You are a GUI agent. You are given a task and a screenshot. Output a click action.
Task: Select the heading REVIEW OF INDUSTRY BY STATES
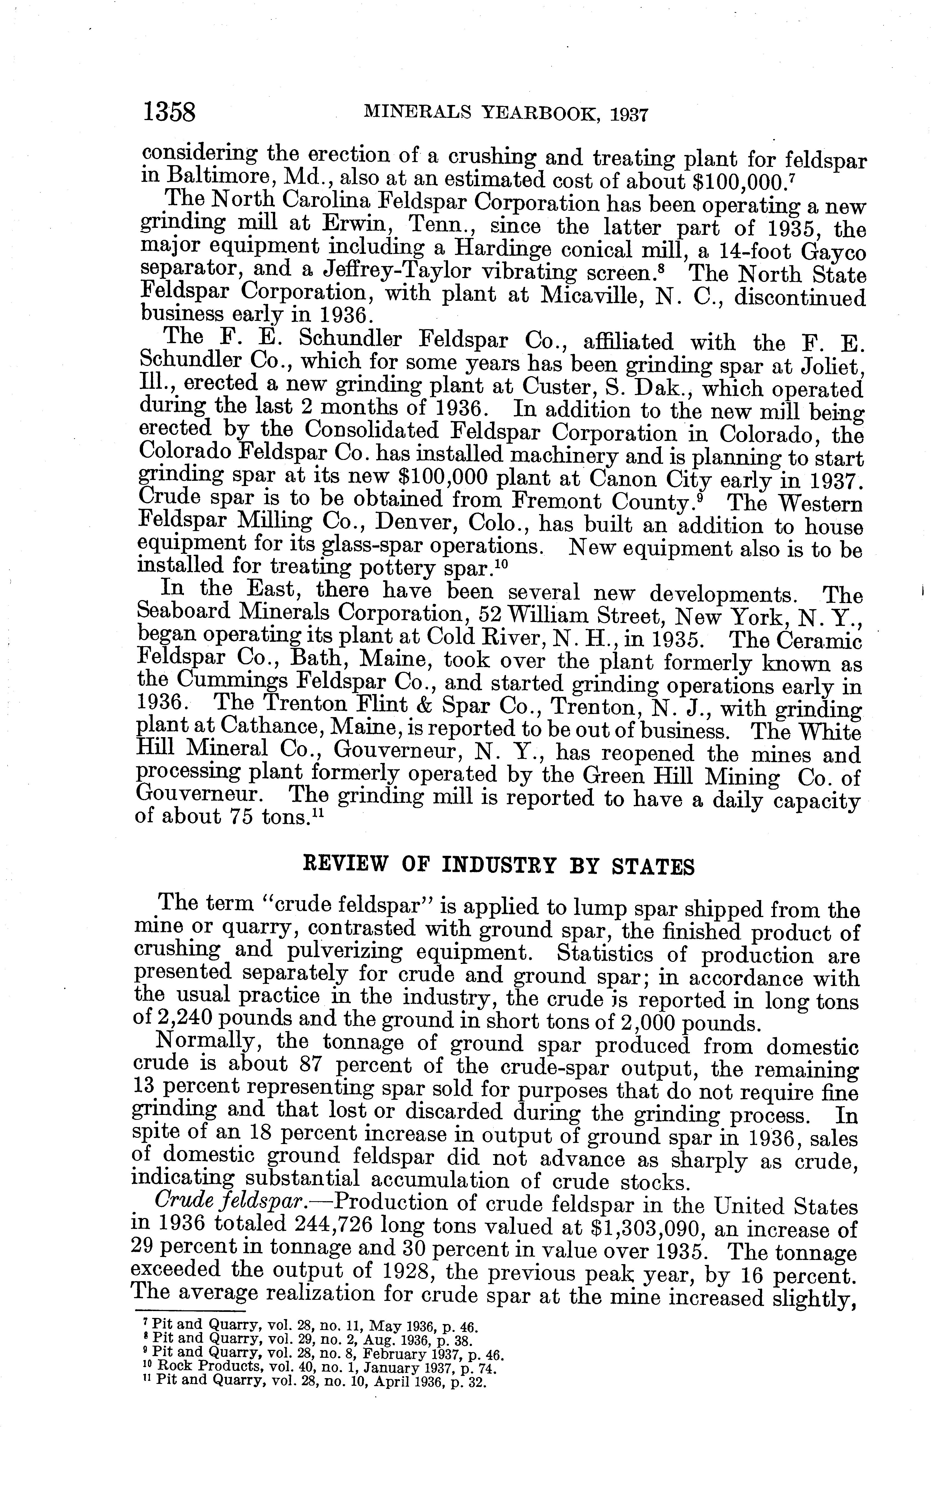(499, 866)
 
